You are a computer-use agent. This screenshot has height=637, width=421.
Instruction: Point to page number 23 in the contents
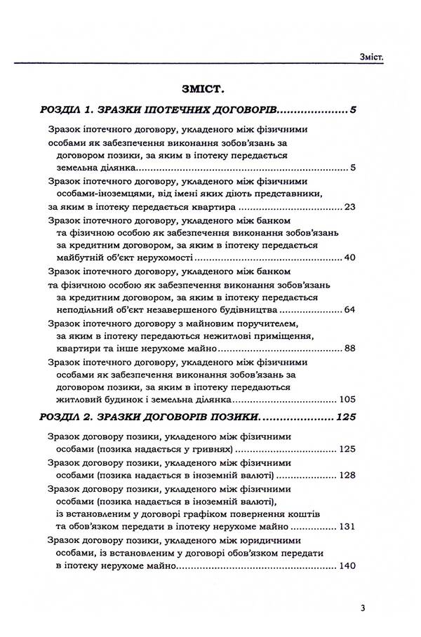pos(351,207)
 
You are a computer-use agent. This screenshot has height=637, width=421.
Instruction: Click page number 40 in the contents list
pos(351,258)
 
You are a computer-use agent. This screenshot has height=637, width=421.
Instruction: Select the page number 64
pos(351,309)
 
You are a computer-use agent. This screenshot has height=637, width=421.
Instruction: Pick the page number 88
pos(351,348)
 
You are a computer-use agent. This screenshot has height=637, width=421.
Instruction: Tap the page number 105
pos(348,399)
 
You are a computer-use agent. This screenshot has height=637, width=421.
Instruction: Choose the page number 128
pos(348,475)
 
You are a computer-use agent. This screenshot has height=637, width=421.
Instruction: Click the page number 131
pos(348,526)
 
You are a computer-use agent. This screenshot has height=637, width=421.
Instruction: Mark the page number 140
pos(348,565)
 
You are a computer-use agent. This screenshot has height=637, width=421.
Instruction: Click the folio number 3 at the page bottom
pos(361,608)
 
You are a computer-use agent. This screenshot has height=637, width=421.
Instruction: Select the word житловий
pos(79,399)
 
